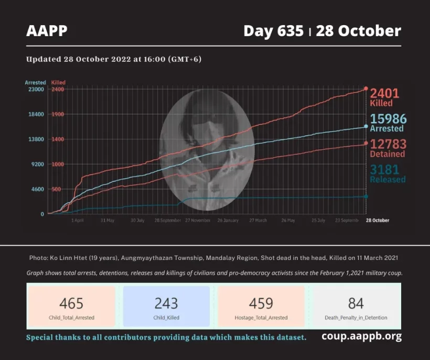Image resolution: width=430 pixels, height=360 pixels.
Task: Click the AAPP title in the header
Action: click(x=47, y=31)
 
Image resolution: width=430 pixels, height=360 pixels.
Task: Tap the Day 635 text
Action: click(x=273, y=31)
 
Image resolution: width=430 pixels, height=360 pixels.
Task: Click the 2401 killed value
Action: click(x=385, y=94)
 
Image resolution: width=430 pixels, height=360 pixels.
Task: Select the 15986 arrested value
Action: click(x=388, y=119)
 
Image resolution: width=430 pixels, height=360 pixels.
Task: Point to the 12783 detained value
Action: click(x=388, y=144)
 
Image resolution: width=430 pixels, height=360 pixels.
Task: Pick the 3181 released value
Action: click(x=384, y=170)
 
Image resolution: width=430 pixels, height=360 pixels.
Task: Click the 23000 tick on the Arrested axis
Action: click(x=36, y=90)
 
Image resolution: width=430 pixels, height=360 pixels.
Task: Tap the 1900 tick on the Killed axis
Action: click(x=58, y=114)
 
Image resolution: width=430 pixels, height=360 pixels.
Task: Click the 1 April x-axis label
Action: click(x=77, y=221)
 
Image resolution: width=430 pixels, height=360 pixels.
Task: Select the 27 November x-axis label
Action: click(x=198, y=221)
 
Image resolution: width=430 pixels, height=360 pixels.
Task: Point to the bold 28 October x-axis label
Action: click(x=378, y=221)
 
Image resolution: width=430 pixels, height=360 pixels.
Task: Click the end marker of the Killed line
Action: click(x=365, y=89)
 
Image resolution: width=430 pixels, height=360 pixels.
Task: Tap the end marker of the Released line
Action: click(x=365, y=197)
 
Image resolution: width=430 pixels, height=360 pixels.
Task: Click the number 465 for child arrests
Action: click(x=71, y=303)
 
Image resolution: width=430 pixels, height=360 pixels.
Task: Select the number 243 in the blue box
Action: click(x=166, y=303)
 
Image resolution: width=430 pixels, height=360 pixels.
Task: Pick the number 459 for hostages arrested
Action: click(x=261, y=303)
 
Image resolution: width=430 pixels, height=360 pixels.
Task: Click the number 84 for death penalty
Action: click(x=356, y=303)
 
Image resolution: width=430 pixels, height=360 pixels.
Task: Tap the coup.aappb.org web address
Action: click(x=361, y=336)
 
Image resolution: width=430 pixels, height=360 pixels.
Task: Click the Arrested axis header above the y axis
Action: click(x=35, y=83)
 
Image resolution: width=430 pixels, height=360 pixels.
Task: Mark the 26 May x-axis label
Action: click(x=287, y=221)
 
